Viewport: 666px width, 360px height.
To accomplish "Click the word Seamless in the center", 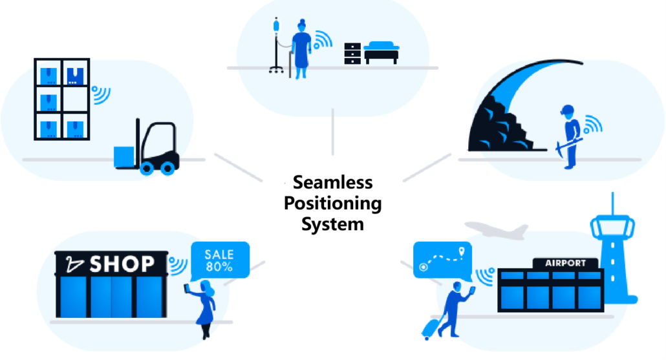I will coord(332,182).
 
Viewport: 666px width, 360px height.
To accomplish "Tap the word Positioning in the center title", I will coord(333,203).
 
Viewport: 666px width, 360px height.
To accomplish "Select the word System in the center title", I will coord(333,224).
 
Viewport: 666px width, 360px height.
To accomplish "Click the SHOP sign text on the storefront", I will coord(122,264).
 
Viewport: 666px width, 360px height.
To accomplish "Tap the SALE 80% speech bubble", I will coord(219,260).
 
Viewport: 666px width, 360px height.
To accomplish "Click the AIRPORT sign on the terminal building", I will coord(565,263).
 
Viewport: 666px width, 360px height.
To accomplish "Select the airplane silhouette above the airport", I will coord(495,230).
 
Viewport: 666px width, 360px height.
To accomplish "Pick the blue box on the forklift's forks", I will coord(123,156).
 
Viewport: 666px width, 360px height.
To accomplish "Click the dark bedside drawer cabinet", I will coord(352,53).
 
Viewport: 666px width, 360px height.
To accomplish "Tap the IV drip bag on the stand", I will coord(276,26).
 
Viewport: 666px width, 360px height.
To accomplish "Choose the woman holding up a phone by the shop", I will coord(206,307).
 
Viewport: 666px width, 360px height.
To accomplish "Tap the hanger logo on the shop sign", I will coord(74,264).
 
